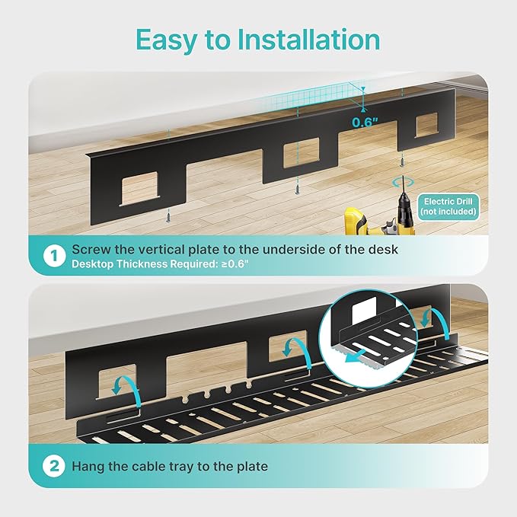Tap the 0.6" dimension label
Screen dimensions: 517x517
click(365, 121)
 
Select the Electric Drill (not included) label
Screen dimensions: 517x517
click(449, 206)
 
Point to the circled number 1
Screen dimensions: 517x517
click(54, 256)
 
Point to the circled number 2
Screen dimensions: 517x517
click(54, 466)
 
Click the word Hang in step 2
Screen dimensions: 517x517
click(88, 466)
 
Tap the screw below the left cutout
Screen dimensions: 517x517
click(164, 218)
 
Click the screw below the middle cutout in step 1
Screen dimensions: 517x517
click(296, 187)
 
